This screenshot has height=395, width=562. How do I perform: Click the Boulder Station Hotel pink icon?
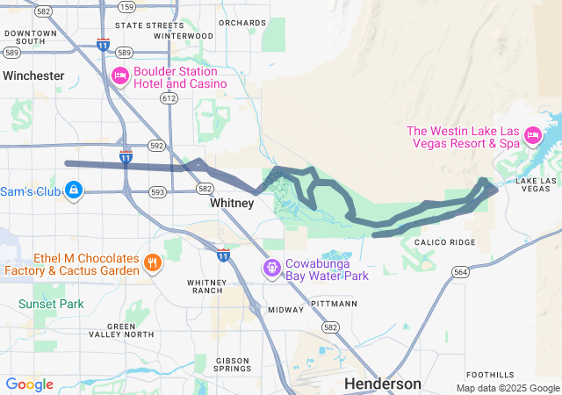click(120, 76)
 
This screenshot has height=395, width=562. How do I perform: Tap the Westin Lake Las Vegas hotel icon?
click(531, 135)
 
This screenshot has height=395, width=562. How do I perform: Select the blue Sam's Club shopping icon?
click(74, 190)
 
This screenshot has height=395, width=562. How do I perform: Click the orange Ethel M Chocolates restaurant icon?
click(153, 262)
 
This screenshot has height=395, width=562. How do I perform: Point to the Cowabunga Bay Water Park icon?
click(272, 266)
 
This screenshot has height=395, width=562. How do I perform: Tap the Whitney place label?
click(232, 203)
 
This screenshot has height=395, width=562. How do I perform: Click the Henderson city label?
click(382, 384)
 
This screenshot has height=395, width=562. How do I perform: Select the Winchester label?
click(33, 75)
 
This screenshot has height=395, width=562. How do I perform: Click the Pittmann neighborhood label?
click(334, 303)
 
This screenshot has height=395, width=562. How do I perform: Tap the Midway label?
click(285, 310)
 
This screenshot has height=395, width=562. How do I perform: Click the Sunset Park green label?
click(51, 304)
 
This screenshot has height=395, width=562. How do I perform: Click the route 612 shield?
click(169, 98)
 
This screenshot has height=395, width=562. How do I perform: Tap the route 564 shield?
click(460, 272)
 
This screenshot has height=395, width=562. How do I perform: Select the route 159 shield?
click(126, 7)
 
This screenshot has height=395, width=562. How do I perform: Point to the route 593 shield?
click(157, 191)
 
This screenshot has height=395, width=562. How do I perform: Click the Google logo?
click(29, 384)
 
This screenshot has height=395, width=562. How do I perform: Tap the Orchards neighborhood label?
click(241, 22)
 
